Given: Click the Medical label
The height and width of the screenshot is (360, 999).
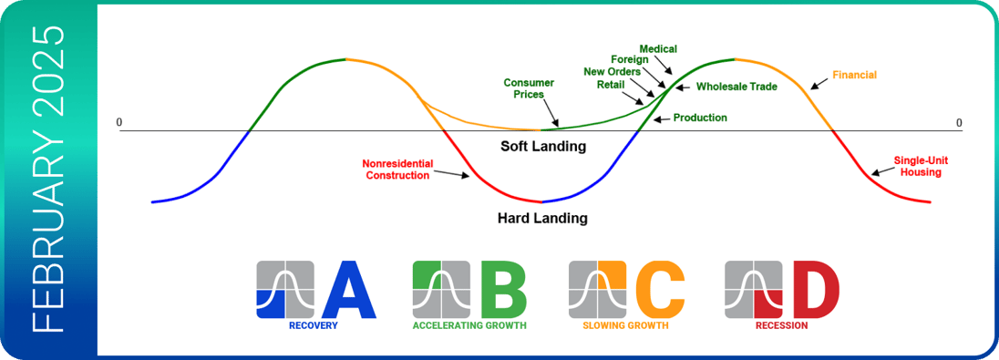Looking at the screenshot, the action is pyautogui.click(x=658, y=49).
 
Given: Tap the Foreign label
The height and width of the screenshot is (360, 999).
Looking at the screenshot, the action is pyautogui.click(x=630, y=60).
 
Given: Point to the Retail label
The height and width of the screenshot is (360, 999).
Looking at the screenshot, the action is pyautogui.click(x=611, y=84).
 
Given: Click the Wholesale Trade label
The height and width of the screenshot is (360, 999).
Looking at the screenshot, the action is pyautogui.click(x=736, y=87).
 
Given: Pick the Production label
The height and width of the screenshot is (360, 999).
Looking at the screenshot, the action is pyautogui.click(x=700, y=118).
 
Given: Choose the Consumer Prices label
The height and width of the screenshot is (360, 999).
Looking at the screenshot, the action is pyautogui.click(x=529, y=88).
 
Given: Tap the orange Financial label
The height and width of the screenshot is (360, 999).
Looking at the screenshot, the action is pyautogui.click(x=854, y=75).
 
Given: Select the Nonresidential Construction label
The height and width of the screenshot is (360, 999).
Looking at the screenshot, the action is pyautogui.click(x=397, y=170).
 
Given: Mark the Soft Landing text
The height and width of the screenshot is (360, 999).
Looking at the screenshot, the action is pyautogui.click(x=542, y=147).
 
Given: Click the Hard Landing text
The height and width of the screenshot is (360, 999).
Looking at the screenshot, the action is pyautogui.click(x=542, y=219).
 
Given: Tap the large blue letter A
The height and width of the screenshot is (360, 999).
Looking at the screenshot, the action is pyautogui.click(x=349, y=289).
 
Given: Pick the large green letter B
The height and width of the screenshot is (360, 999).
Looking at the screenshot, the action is pyautogui.click(x=504, y=289).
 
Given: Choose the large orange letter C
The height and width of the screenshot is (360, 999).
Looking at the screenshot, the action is pyautogui.click(x=660, y=289).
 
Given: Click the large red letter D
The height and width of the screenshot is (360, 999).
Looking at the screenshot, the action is pyautogui.click(x=816, y=289).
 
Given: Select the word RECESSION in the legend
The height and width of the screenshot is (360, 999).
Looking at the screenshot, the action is pyautogui.click(x=782, y=325).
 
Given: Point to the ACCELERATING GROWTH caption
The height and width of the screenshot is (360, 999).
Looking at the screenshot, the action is pyautogui.click(x=469, y=325).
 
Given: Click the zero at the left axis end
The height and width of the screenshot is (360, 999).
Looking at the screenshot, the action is pyautogui.click(x=118, y=122).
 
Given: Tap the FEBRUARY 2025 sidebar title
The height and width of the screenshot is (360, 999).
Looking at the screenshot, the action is pyautogui.click(x=48, y=180).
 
